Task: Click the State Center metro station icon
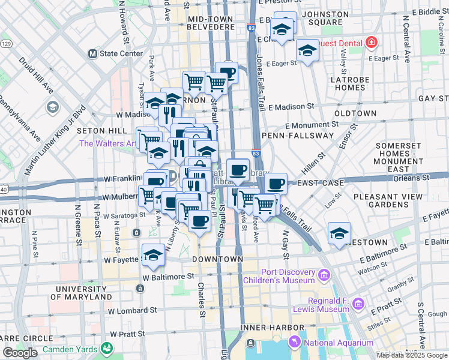click(92, 53)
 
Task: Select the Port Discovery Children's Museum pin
click(325, 276)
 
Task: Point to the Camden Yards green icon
click(107, 347)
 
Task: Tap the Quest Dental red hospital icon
click(371, 43)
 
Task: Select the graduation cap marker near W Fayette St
click(153, 256)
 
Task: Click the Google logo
click(20, 353)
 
